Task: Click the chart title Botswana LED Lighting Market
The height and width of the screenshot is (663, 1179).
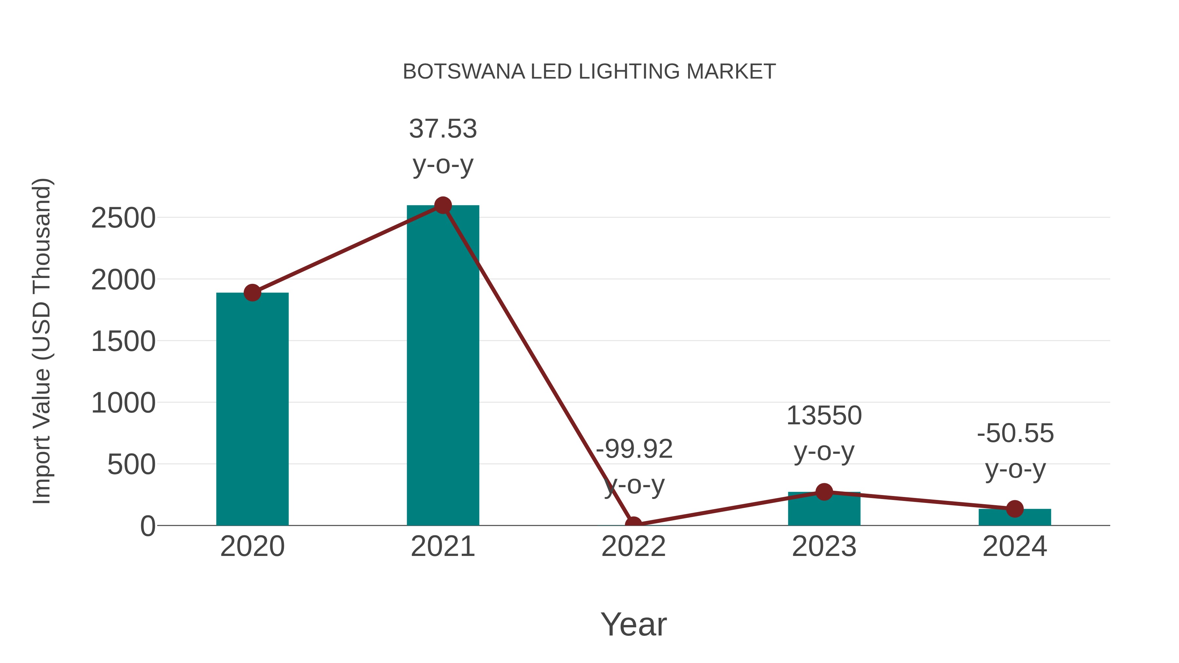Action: click(589, 71)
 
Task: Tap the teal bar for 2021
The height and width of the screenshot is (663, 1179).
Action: click(442, 366)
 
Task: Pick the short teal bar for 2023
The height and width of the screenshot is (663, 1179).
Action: click(824, 510)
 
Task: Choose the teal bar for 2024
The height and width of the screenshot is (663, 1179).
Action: click(1015, 518)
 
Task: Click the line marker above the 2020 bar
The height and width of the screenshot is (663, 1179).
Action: click(252, 292)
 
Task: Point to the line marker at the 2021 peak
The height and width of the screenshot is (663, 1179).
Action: click(442, 205)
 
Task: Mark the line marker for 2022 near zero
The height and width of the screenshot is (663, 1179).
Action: click(633, 525)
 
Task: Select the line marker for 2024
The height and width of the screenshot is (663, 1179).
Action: click(1015, 508)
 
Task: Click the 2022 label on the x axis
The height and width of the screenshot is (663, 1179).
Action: click(633, 546)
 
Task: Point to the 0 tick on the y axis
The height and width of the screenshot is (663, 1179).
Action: click(148, 526)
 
